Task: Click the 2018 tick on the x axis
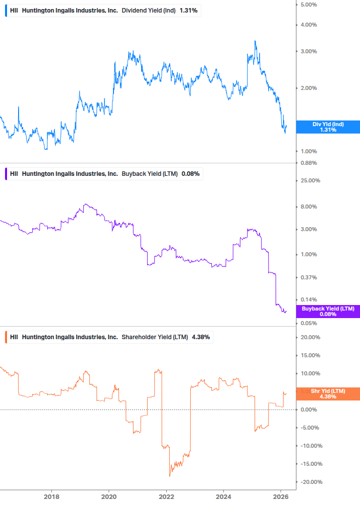coord(51,497)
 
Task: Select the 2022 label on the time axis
coord(166,497)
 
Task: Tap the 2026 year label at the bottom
coord(281,497)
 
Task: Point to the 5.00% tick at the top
coord(308,5)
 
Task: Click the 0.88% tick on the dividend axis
coord(308,163)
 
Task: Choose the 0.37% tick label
coord(308,277)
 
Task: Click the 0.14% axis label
coord(308,300)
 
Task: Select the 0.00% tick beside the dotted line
coord(308,410)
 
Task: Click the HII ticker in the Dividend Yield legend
coord(14,11)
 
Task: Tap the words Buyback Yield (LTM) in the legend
coord(150,174)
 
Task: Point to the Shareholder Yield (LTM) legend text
coord(155,337)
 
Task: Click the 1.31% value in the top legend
coord(188,11)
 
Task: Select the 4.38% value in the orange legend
coord(201,337)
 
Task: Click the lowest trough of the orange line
coord(170,475)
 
